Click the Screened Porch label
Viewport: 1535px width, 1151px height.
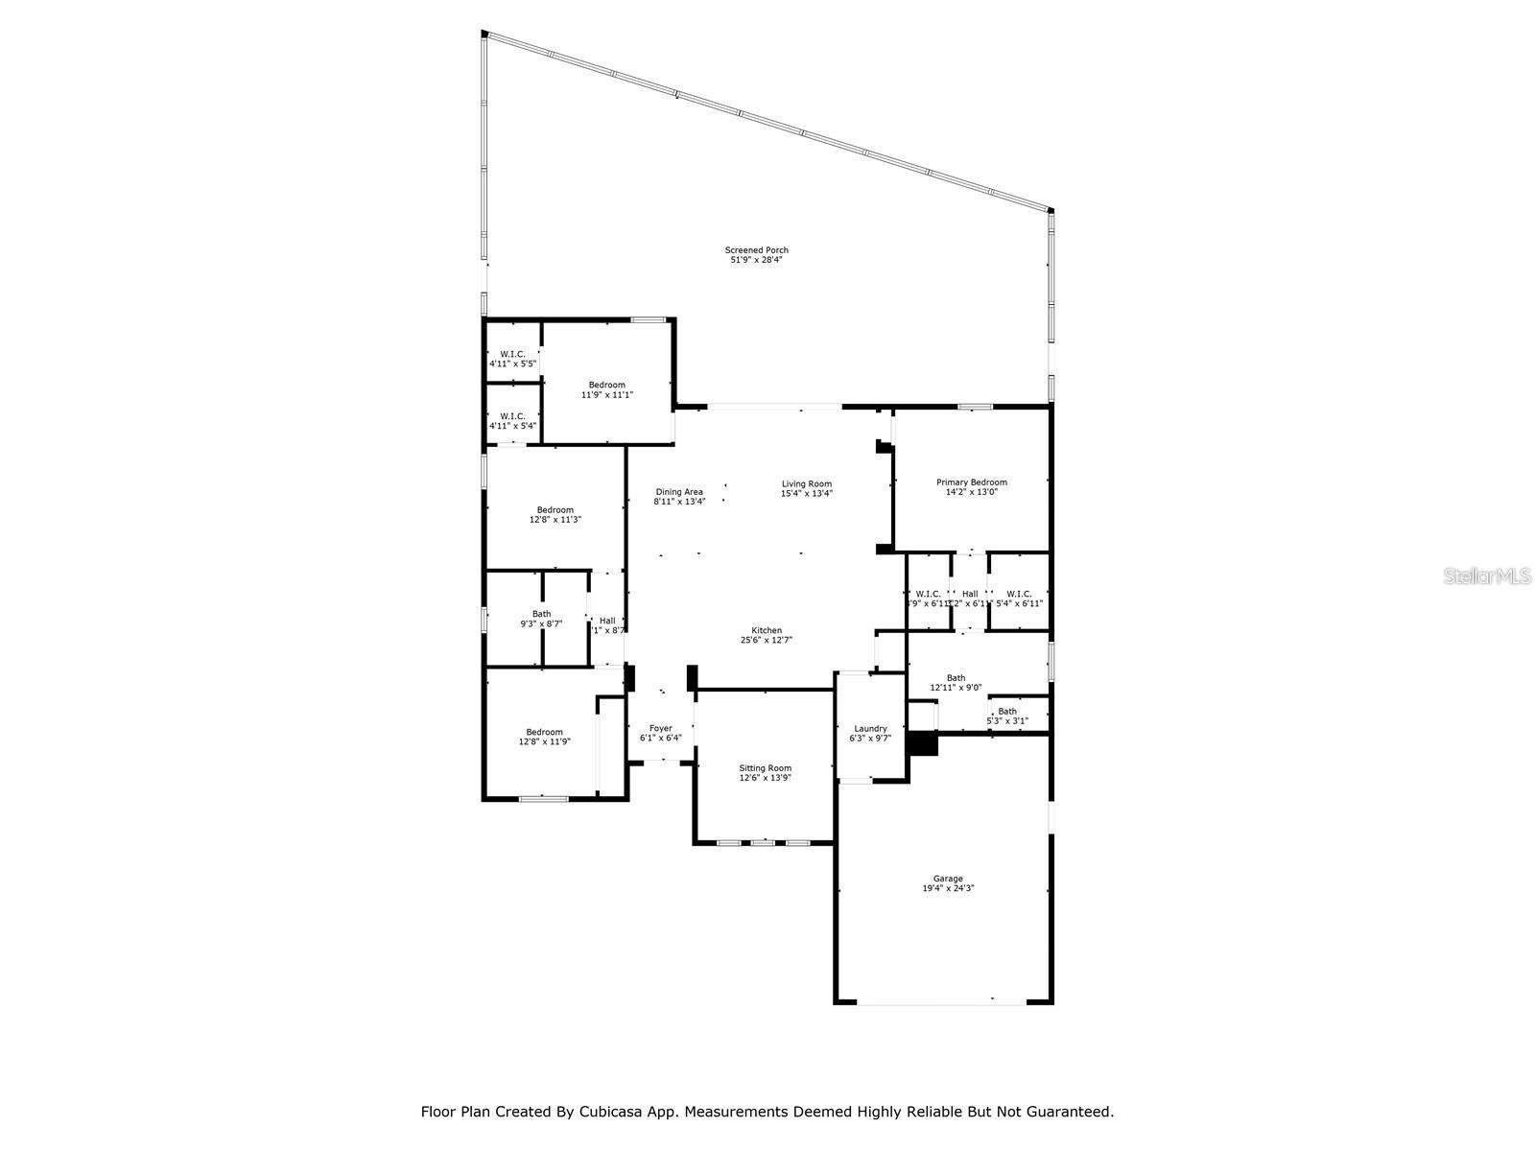click(x=756, y=250)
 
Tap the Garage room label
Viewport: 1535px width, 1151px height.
click(x=948, y=879)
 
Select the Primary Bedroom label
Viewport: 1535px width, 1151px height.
click(x=972, y=482)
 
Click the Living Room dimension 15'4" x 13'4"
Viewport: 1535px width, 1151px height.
click(x=806, y=494)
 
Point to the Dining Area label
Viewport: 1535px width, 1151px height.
click(x=679, y=492)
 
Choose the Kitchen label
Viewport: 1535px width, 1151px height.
click(x=767, y=630)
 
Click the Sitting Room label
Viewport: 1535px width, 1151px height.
click(x=765, y=768)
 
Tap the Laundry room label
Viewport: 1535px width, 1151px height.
click(x=869, y=729)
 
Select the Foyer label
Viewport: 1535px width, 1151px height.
click(x=660, y=729)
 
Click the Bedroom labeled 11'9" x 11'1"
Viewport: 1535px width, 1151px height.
click(x=606, y=389)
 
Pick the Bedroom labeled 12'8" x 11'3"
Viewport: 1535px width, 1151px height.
click(x=555, y=515)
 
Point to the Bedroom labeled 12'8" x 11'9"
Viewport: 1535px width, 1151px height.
click(x=544, y=737)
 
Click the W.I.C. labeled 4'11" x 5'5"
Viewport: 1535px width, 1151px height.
click(x=512, y=359)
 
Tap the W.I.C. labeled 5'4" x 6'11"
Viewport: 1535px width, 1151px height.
click(x=1019, y=599)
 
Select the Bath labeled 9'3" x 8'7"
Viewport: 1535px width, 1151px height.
click(x=541, y=619)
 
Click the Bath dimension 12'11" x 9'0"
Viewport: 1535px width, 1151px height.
click(x=956, y=688)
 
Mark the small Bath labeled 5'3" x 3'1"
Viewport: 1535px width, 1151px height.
click(x=1007, y=716)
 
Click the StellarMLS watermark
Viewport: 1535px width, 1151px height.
click(x=1487, y=575)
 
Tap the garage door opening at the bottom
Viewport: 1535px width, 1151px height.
click(x=942, y=1002)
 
